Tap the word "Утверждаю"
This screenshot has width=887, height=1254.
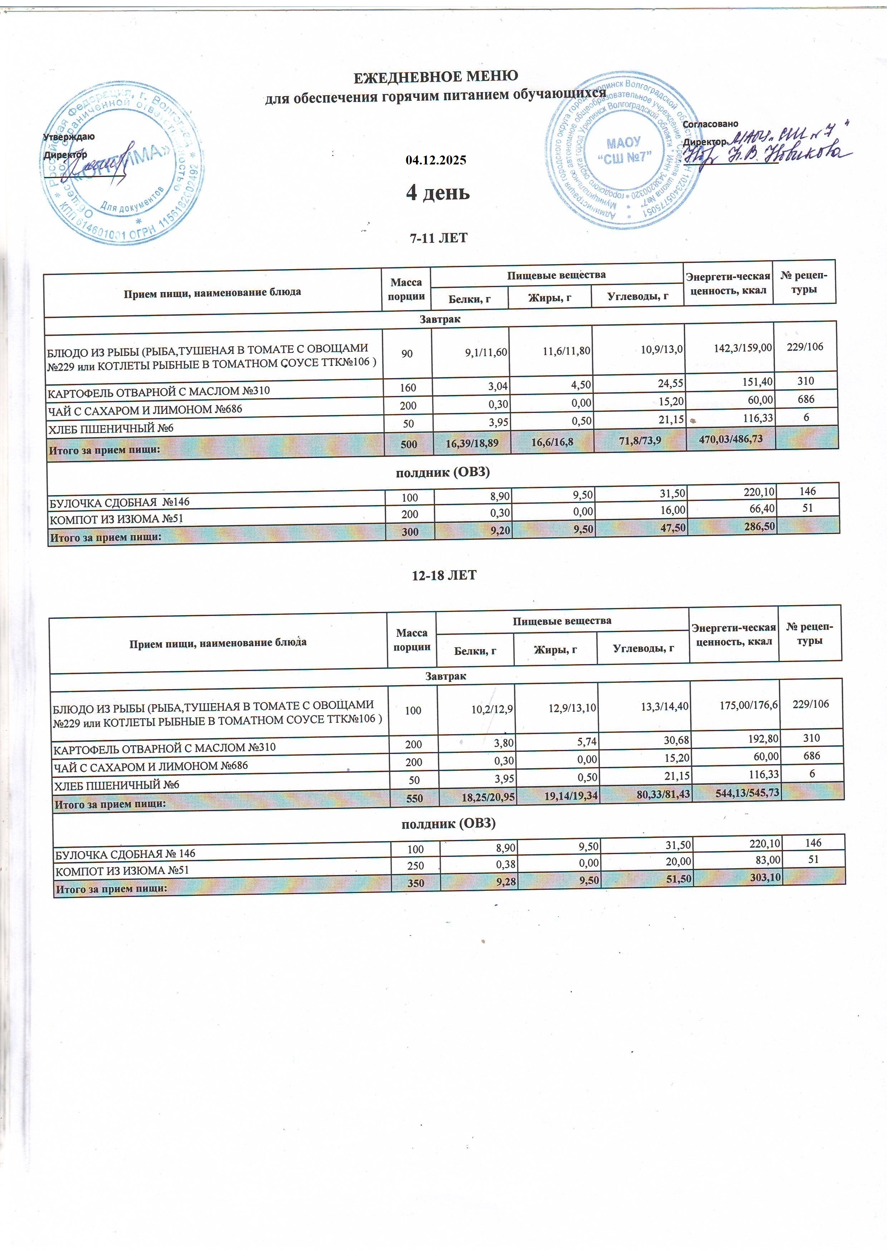click(x=69, y=137)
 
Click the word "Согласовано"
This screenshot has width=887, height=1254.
click(x=710, y=124)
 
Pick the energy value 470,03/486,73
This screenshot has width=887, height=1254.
click(x=730, y=439)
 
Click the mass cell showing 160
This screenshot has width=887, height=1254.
click(x=408, y=388)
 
